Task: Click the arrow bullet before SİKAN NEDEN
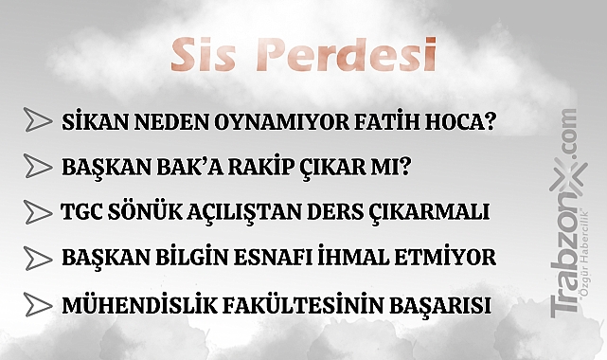coord(39,121)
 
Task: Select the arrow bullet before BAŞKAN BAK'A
coord(39,167)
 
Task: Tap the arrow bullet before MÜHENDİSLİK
coord(39,304)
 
